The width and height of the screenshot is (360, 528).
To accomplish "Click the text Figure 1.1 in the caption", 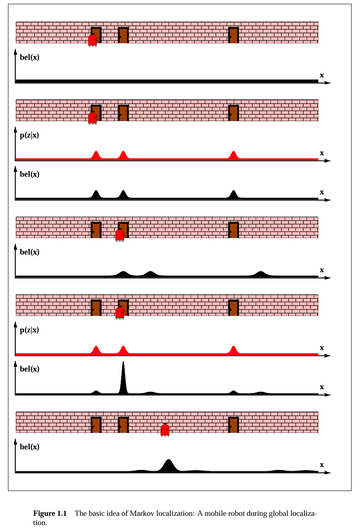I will click(50, 514).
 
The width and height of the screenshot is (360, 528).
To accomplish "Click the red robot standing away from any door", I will click(165, 430).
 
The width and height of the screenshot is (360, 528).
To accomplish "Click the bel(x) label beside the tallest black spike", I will click(29, 369).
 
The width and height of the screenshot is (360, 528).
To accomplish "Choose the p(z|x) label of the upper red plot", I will click(29, 135).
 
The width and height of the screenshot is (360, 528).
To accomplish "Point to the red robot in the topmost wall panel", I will click(93, 40).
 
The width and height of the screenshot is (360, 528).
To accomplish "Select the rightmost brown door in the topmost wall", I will click(233, 35).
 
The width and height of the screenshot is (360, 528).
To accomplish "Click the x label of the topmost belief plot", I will click(322, 75).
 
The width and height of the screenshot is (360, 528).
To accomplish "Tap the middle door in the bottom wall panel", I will click(123, 425).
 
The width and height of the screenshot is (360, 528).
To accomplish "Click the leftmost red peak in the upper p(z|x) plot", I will click(96, 155).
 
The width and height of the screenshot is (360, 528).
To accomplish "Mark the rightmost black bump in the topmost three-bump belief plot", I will click(234, 194).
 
